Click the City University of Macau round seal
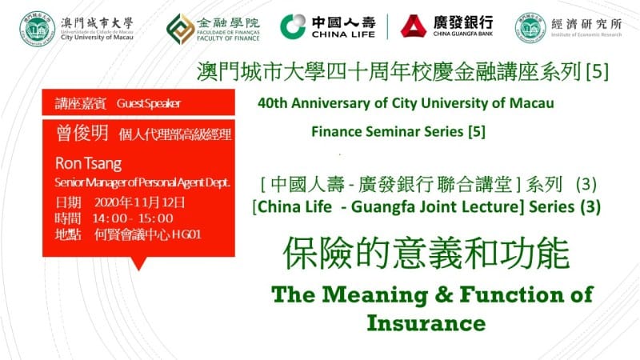click(x=37, y=29)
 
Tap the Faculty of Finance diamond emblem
click(x=181, y=29)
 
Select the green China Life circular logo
click(x=293, y=27)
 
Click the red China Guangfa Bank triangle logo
click(x=414, y=26)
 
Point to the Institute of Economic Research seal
click(x=530, y=28)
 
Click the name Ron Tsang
click(x=89, y=164)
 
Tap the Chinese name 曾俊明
click(x=82, y=133)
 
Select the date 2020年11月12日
click(x=139, y=202)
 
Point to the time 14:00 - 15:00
click(x=133, y=218)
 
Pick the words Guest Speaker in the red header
click(x=149, y=104)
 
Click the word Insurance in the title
click(x=426, y=323)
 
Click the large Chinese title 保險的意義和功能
click(x=426, y=254)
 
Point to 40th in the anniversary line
click(x=273, y=103)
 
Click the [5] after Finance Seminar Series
click(x=477, y=131)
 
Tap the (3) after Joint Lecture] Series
click(x=590, y=206)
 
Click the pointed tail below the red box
click(x=138, y=263)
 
